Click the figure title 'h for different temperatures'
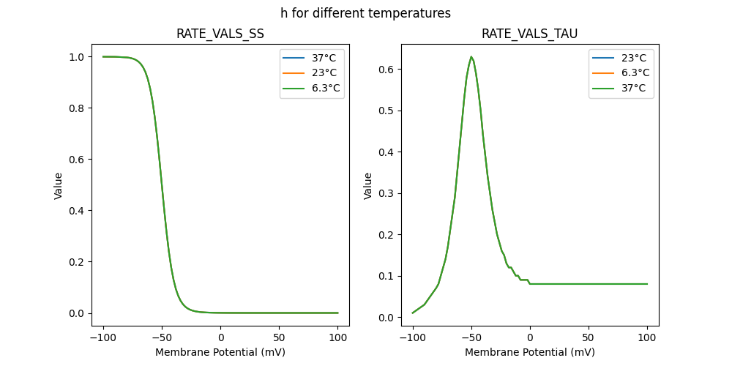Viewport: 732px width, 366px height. click(x=365, y=13)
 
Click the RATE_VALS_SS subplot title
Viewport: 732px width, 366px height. click(x=220, y=34)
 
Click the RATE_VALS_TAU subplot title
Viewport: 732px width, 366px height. click(x=529, y=34)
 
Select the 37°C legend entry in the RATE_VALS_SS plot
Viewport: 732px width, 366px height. click(x=312, y=57)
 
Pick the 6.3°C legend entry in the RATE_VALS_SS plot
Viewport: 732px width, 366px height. click(x=312, y=88)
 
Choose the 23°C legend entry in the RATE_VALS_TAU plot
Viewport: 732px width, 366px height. click(x=621, y=57)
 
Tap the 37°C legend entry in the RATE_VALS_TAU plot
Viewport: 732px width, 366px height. click(x=621, y=88)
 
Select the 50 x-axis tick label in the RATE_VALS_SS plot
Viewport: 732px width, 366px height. click(x=280, y=339)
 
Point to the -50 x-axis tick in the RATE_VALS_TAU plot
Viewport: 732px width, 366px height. click(x=471, y=339)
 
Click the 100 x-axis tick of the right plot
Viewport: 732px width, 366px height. click(x=648, y=339)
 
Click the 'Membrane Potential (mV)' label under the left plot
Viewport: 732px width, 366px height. click(x=220, y=352)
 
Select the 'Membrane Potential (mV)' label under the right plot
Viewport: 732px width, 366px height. click(x=530, y=352)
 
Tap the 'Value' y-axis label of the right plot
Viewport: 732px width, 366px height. click(x=368, y=185)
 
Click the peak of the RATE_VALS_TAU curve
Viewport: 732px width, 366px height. click(x=471, y=57)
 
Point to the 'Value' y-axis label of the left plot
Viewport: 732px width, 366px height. click(x=59, y=185)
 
